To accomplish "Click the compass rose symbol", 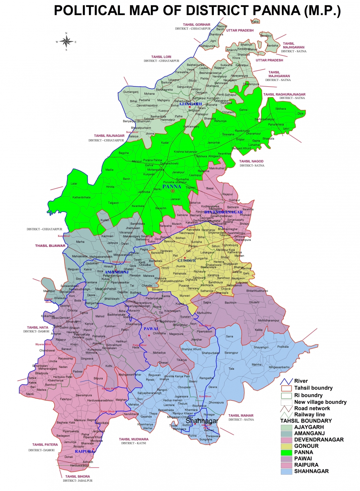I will pos(66,42).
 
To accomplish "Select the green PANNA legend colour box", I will pos(287,452).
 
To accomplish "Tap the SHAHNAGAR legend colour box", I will pos(287,471).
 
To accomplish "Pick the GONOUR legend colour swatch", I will pos(287,446).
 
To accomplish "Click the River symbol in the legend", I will pos(287,381).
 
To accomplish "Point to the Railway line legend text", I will pos(310,414).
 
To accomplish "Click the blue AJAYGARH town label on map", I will pos(190,104).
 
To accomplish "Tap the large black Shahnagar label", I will pos(202,421).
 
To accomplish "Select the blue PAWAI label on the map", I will pos(150,329).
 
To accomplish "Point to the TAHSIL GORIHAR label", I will pos(197,25).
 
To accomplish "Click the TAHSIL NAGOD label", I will pos(251,161).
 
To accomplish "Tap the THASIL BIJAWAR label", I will pos(50,246).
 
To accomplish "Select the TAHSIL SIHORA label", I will pos(78,477).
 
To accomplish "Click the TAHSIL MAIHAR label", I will pos(241,415).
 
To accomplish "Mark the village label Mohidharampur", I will pos(268,320).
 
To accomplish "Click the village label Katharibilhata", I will pos(81,197).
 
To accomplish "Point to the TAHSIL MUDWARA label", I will pos(134,439).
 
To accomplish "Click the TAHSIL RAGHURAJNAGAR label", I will pos(284,94).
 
